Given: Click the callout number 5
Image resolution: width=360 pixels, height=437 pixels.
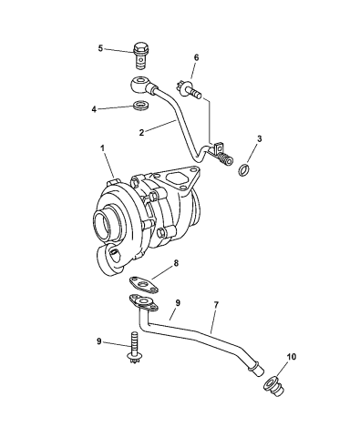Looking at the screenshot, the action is (x=100, y=48).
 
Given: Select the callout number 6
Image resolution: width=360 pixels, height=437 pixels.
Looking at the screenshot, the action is (x=196, y=57).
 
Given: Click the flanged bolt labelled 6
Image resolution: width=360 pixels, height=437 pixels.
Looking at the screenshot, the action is (x=189, y=88).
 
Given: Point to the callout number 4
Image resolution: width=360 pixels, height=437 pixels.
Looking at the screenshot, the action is (x=94, y=109).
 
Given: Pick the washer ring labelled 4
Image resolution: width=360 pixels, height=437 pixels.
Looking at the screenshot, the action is (x=140, y=107).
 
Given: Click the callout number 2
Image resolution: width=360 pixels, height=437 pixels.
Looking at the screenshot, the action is (x=141, y=133).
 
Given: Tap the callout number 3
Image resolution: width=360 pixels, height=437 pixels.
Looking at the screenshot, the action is (x=259, y=138).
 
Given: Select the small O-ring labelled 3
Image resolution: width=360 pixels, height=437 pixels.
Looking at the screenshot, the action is (x=243, y=169).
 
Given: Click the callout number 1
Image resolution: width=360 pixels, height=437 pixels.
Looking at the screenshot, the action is (x=102, y=148).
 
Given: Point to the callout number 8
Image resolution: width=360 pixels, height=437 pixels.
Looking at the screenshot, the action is (x=176, y=263).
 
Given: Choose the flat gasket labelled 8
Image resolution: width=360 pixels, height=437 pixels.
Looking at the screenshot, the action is (x=143, y=285).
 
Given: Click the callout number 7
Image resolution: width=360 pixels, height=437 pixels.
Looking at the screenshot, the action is (x=216, y=305).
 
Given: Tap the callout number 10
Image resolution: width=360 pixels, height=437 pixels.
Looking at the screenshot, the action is (x=291, y=357).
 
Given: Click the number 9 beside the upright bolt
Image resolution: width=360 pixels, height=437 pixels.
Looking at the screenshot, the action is (x=98, y=341).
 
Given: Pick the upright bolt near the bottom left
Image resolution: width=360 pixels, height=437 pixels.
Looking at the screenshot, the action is (x=135, y=349).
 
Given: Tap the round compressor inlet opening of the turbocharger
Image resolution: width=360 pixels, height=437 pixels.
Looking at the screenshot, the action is (x=102, y=224).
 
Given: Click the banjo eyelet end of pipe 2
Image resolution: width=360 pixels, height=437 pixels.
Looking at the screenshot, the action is (x=139, y=84).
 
